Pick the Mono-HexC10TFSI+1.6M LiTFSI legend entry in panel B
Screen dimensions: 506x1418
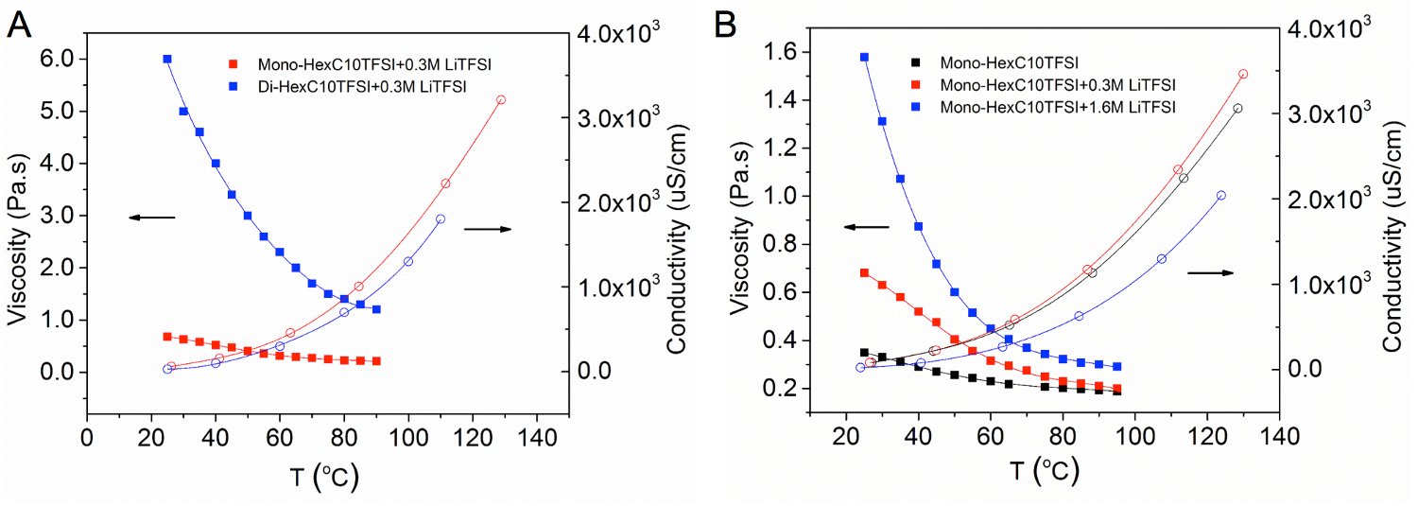coord(1058,108)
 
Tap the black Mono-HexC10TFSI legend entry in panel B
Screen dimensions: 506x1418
coord(1010,64)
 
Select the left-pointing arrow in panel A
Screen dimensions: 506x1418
coord(152,218)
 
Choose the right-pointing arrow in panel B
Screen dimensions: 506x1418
coord(1210,272)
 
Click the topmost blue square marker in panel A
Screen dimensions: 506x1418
coord(167,59)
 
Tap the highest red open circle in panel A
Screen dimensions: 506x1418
coord(501,100)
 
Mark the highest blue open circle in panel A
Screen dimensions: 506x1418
coord(441,219)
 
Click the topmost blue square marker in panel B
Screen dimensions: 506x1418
coord(864,57)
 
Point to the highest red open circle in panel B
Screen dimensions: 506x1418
coord(1243,74)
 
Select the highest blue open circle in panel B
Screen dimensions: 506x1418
coord(1220,196)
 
